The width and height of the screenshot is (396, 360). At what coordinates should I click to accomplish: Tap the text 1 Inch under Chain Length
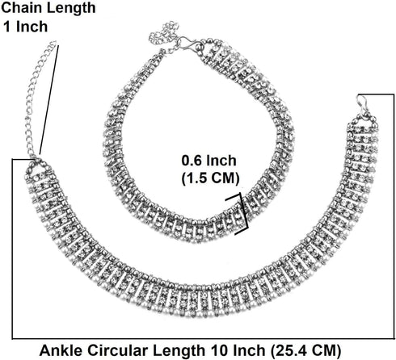coord(25,27)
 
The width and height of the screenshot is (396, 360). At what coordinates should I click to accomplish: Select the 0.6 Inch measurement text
coord(209,161)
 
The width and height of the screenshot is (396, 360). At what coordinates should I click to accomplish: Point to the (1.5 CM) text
coord(210,178)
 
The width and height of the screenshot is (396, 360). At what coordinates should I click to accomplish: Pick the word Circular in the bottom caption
coord(118,350)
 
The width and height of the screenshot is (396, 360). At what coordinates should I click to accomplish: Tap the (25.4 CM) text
coord(306,351)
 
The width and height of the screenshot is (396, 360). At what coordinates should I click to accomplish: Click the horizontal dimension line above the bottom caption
coord(203,338)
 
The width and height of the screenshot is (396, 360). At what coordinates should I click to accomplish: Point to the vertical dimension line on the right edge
coord(394,216)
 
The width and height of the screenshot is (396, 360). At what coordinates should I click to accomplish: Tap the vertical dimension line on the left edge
coord(12,249)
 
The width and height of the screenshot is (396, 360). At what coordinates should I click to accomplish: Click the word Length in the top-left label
coord(70,8)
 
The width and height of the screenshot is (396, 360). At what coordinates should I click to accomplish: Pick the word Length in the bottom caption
coord(179,351)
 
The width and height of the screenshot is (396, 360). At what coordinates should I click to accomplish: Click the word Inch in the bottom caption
coord(248,350)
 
